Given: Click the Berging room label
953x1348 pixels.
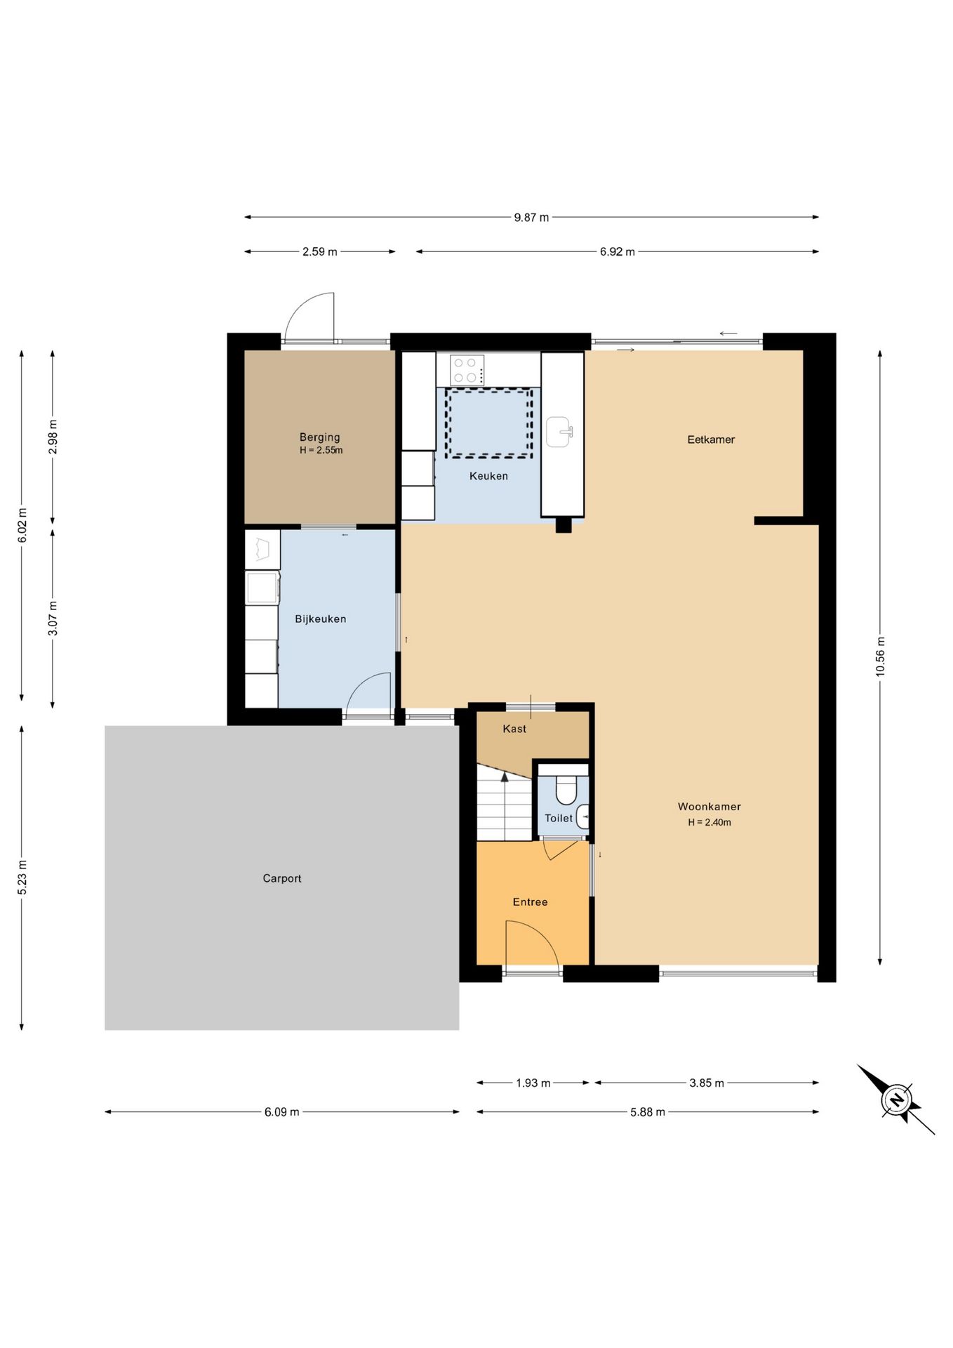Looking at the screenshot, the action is tap(319, 437).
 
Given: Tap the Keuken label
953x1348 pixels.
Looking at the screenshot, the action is tap(488, 476).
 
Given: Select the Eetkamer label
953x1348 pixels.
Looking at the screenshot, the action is tap(711, 440).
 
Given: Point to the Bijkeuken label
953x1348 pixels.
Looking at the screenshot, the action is tap(320, 619).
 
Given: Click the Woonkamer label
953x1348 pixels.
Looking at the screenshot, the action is tap(709, 807).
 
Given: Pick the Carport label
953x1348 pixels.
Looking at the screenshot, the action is tap(282, 878).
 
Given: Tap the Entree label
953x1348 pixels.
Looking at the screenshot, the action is tap(530, 902).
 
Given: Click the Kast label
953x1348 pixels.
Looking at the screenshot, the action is tap(514, 729).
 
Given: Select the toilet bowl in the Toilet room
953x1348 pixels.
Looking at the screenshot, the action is tap(566, 789).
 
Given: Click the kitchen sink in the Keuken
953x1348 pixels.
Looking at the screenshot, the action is tap(559, 432).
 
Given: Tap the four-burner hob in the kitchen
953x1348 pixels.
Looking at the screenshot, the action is tap(467, 370).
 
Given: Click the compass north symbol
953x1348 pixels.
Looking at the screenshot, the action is tap(896, 1099).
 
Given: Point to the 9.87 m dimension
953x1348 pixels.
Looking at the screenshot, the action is tap(531, 218).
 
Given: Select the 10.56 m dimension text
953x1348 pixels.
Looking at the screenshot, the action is tap(881, 657).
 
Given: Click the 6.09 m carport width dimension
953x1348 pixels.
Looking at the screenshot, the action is tap(282, 1112).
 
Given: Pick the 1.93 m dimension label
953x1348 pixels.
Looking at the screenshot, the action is tap(533, 1083).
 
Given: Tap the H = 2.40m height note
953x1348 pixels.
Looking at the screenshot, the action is tap(709, 823).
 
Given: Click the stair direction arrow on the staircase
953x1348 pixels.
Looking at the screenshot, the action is tap(505, 776).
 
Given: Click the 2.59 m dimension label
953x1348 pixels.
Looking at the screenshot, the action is tap(320, 252).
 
